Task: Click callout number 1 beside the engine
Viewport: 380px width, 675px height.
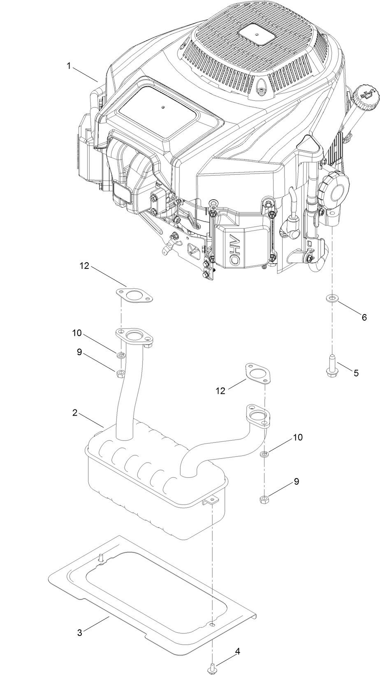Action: click(x=70, y=65)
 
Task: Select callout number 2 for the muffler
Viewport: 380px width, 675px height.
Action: click(x=74, y=413)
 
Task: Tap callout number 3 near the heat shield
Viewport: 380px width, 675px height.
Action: click(x=80, y=633)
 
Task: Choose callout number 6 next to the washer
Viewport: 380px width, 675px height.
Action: click(x=364, y=317)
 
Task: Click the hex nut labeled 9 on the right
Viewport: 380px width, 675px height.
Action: click(x=264, y=499)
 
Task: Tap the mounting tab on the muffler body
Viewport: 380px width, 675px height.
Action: click(x=211, y=500)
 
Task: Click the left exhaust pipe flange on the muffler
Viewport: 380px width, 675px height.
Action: click(x=134, y=337)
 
